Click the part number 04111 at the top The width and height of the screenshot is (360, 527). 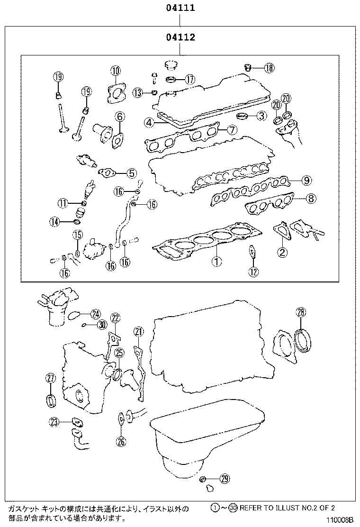click(x=180, y=8)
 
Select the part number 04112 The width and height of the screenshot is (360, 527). click(x=180, y=37)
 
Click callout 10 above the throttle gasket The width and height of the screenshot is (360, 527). click(x=116, y=71)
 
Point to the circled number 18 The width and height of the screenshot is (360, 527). click(x=269, y=68)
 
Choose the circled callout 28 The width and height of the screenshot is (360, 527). click(x=301, y=312)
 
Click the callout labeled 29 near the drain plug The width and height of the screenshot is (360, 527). click(x=225, y=479)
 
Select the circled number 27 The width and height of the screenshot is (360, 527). click(x=51, y=378)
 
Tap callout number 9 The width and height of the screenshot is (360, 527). click(x=306, y=180)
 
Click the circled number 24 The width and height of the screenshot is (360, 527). click(x=96, y=313)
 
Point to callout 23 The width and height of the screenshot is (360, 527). click(x=54, y=421)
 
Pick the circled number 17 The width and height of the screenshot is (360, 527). click(x=189, y=79)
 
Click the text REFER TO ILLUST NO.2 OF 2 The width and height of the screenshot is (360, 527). click(x=294, y=508)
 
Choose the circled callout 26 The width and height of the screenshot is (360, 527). click(x=121, y=442)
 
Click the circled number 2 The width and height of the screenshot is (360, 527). click(x=282, y=252)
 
